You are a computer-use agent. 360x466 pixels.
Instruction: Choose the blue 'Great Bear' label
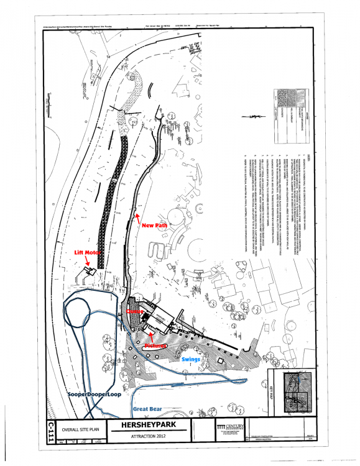point(147,408)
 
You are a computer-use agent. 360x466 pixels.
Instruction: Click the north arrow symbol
point(251,116)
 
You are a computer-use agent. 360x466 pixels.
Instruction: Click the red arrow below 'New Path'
point(137,217)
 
